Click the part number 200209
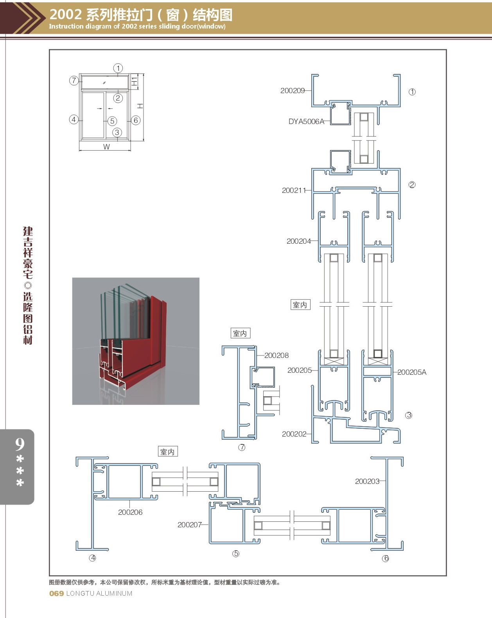pyautogui.click(x=293, y=91)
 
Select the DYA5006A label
pyautogui.click(x=306, y=122)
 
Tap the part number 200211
pyautogui.click(x=294, y=190)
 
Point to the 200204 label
pyautogui.click(x=299, y=241)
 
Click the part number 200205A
pyautogui.click(x=411, y=372)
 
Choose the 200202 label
pyautogui.click(x=294, y=434)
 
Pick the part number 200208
pyautogui.click(x=276, y=356)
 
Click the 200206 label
pyautogui.click(x=130, y=512)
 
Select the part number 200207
pyautogui.click(x=190, y=525)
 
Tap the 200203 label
pyautogui.click(x=367, y=481)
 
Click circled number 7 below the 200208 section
pyautogui.click(x=242, y=447)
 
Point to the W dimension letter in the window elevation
pyautogui.click(x=106, y=147)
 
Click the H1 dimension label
pyautogui.click(x=134, y=82)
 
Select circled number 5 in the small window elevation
pyautogui.click(x=112, y=121)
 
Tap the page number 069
pyautogui.click(x=56, y=594)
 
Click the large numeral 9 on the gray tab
pyautogui.click(x=20, y=444)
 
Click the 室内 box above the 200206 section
pyautogui.click(x=168, y=452)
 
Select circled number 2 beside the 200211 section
pyautogui.click(x=412, y=185)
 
